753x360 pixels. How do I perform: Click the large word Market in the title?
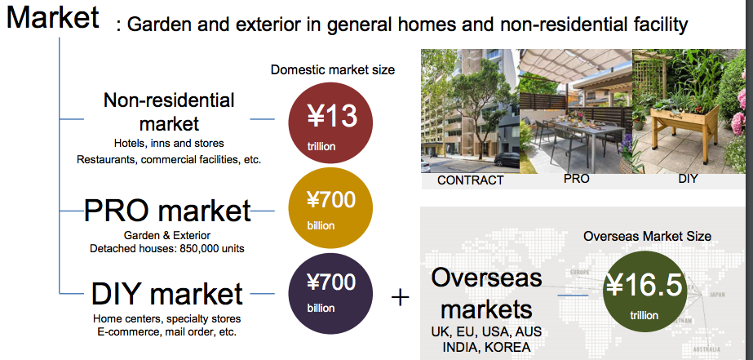[53, 17]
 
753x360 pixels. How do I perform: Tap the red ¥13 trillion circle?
[330, 123]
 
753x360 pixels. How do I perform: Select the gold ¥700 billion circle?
[330, 207]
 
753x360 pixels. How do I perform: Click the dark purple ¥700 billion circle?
[330, 293]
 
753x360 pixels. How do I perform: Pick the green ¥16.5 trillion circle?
[644, 291]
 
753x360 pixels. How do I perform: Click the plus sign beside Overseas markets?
[400, 298]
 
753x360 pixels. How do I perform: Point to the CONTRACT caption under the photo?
[470, 180]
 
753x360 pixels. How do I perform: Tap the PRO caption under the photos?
[576, 178]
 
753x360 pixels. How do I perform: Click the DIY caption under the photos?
[688, 179]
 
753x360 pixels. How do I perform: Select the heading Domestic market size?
[332, 69]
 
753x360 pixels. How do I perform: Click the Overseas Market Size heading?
[647, 236]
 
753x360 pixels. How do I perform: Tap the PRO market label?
[167, 210]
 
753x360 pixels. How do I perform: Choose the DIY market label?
[166, 294]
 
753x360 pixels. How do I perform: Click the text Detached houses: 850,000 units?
[167, 248]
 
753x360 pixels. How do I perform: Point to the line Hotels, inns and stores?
[169, 143]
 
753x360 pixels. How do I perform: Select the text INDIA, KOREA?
[486, 347]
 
